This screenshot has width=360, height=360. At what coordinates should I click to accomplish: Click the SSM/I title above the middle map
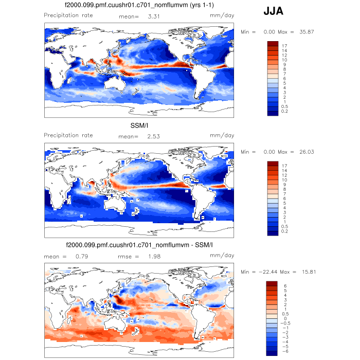pyautogui.click(x=139, y=125)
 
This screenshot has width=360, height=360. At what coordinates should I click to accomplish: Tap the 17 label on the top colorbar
pyautogui.click(x=284, y=46)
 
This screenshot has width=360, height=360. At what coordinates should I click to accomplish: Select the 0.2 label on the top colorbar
pyautogui.click(x=284, y=111)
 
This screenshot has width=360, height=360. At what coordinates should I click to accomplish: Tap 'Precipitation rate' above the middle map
pyautogui.click(x=68, y=135)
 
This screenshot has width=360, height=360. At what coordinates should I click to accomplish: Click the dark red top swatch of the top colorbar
pyautogui.click(x=272, y=44)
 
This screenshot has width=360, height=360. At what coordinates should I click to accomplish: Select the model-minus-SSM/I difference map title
pyautogui.click(x=139, y=246)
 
